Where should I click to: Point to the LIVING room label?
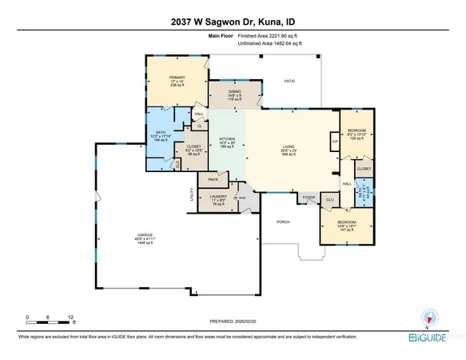pyautogui.click(x=289, y=146)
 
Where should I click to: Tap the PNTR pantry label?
pyautogui.click(x=213, y=179)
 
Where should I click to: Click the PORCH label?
pyautogui.click(x=281, y=222)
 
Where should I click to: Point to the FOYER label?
pyautogui.click(x=308, y=195)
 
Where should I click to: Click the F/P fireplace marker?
pyautogui.click(x=334, y=142)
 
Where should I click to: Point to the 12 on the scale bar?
pyautogui.click(x=71, y=316)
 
